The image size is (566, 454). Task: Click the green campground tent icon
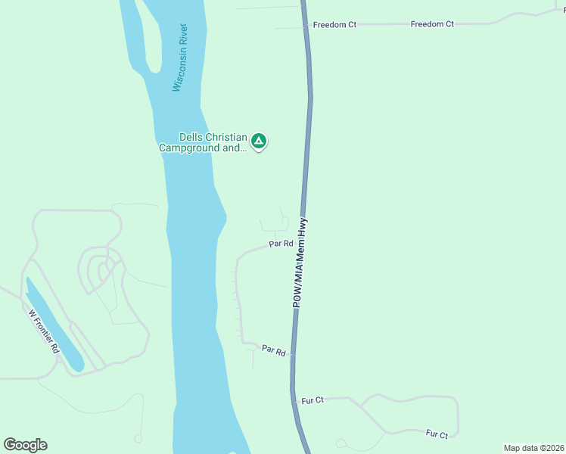coord(259,141)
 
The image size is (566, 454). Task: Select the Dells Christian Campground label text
coord(203,143)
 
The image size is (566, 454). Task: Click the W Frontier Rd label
coord(44,332)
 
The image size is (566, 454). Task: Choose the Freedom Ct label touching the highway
coord(334,25)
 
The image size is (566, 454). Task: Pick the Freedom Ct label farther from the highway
coord(432,24)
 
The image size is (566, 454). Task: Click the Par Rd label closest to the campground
coord(281,244)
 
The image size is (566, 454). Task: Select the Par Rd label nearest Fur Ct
coord(273,350)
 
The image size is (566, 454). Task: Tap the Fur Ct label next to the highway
coord(313,400)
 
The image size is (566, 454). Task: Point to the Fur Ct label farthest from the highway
coord(437,434)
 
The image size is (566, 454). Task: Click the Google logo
coord(25,445)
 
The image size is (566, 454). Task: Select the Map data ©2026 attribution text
coord(533,448)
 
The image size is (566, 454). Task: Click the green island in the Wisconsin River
coord(149,38)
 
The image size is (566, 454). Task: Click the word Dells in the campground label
coord(191,138)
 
